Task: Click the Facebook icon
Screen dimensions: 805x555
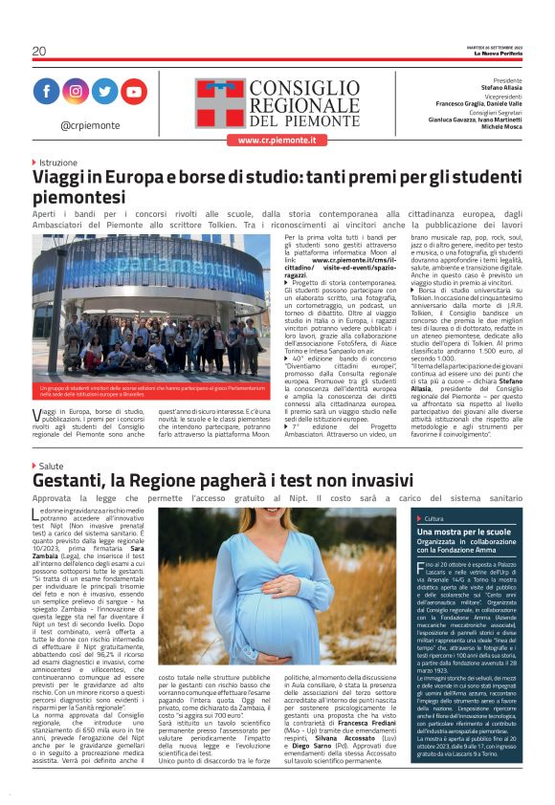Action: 47,92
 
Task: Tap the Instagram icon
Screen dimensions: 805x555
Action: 76,92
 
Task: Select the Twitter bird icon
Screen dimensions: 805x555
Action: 104,92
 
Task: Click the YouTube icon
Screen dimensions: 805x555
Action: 133,92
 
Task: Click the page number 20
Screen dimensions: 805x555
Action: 38,51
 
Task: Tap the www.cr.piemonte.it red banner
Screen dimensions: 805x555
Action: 277,140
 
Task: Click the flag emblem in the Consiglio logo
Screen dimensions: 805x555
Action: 221,100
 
